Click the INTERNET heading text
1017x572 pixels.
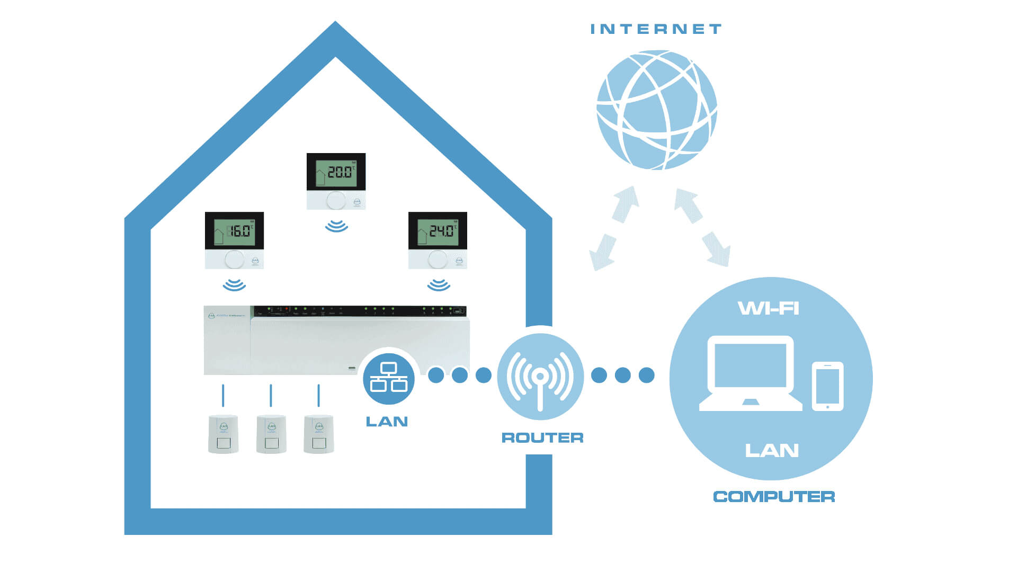(x=656, y=29)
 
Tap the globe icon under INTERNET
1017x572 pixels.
(x=656, y=110)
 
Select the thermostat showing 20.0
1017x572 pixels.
(x=336, y=181)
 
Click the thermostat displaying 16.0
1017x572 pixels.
(x=234, y=240)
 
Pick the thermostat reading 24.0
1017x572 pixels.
(x=438, y=240)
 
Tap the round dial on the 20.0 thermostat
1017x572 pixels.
(x=336, y=201)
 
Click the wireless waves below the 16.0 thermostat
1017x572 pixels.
(x=234, y=285)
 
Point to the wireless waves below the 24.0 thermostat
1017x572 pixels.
(x=439, y=285)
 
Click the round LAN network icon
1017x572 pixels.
(x=389, y=378)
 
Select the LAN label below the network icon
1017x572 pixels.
(x=387, y=422)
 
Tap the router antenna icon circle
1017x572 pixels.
(x=540, y=377)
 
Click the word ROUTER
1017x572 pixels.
(x=542, y=438)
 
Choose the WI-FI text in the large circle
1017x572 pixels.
(x=769, y=308)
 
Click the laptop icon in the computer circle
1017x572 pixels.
(x=751, y=373)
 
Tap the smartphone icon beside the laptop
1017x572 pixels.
(x=827, y=386)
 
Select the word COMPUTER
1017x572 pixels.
(x=774, y=497)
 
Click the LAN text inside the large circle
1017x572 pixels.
(x=772, y=451)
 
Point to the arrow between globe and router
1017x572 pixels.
(x=614, y=228)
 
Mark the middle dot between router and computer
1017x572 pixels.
(x=623, y=375)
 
